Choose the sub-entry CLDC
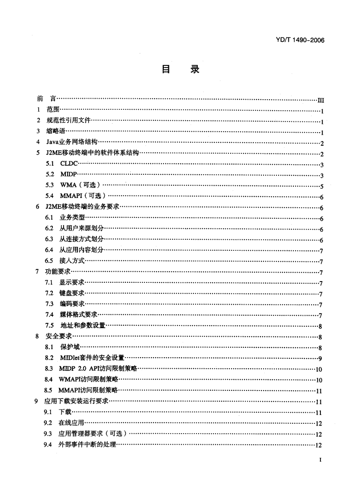(x=70, y=165)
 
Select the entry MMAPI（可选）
(x=84, y=197)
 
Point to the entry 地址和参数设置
(x=82, y=326)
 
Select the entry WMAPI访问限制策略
(x=88, y=380)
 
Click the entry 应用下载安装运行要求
(x=76, y=402)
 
